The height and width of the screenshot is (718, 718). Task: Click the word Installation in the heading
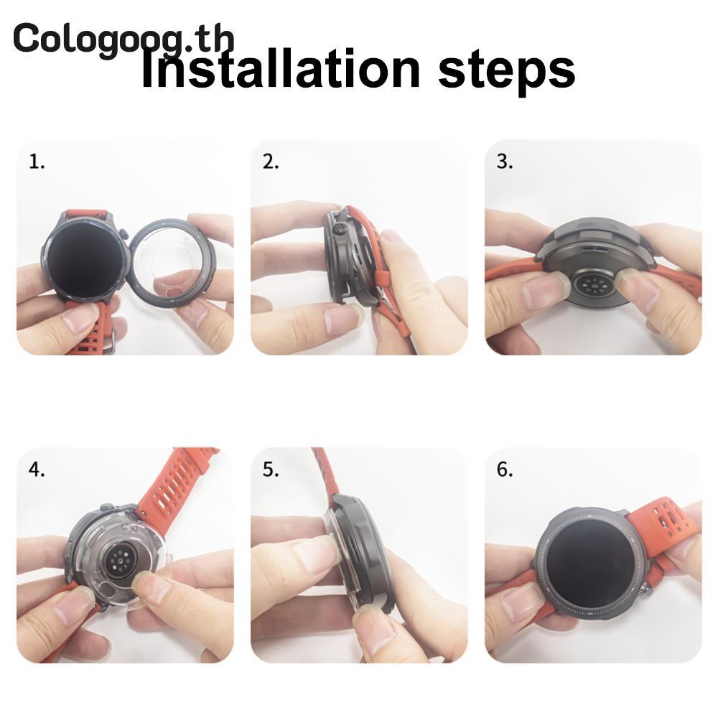click(x=280, y=69)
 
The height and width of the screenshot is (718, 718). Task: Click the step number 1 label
click(x=37, y=162)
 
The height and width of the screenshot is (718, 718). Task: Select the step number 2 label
click(x=271, y=162)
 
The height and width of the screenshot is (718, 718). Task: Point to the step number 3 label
click(x=505, y=162)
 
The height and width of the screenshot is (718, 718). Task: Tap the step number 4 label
click(x=37, y=470)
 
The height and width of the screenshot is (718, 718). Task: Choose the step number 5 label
click(x=271, y=470)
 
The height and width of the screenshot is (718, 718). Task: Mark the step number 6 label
click(x=505, y=470)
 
